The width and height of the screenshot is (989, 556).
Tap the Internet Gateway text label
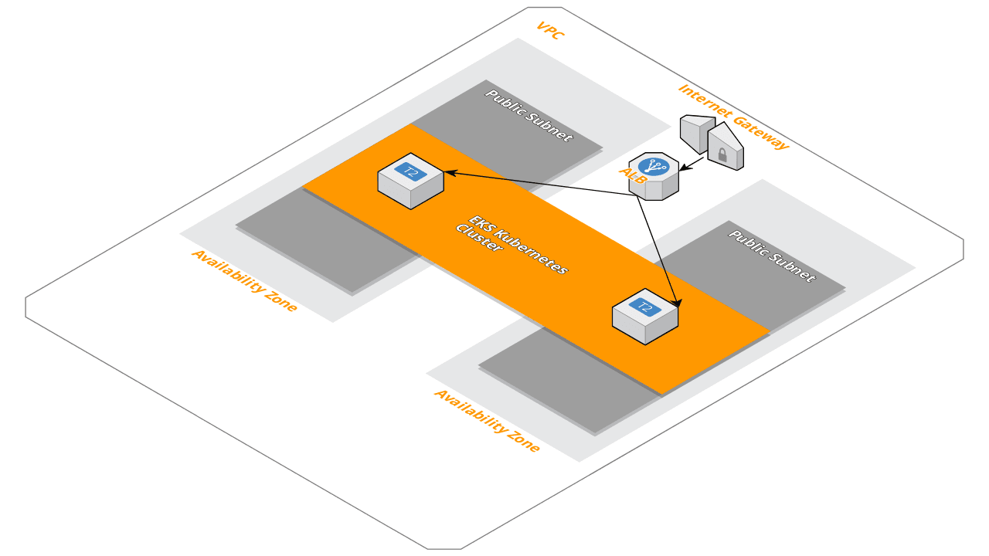733,117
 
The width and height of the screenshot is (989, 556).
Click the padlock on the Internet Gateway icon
722,155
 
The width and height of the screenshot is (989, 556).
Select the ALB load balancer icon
654,176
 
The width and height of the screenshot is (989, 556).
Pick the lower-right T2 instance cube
645,316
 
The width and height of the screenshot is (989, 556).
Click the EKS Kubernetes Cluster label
511,245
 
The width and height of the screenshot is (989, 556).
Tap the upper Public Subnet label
529,115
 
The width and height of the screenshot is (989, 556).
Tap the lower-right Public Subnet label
772,256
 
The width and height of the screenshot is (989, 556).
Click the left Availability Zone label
244,280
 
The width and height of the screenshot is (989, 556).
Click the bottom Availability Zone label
487,420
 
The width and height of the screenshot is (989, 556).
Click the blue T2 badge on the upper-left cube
411,171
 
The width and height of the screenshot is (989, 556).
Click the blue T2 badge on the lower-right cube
645,307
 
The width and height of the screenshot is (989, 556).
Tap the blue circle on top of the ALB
654,166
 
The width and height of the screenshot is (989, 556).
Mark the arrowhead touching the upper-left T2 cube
448,173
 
